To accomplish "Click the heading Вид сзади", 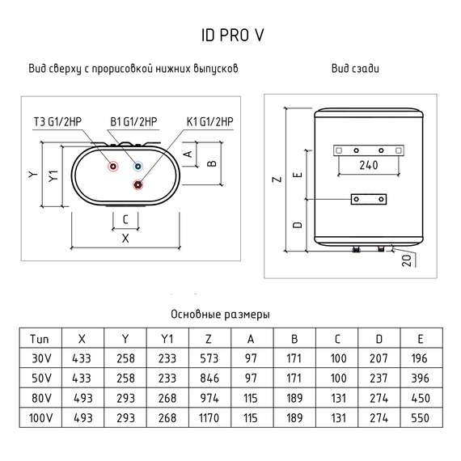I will pos(355,70).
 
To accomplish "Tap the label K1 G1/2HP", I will pos(209,122).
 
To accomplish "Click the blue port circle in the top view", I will pos(139,167).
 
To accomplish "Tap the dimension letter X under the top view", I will pos(125,239).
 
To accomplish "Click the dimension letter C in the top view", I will pos(125,219).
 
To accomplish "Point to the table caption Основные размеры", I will pos(220,314).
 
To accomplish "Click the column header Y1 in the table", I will pos(167,338).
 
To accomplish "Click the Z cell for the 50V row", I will pos(209,378).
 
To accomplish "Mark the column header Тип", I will pos(40,338).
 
